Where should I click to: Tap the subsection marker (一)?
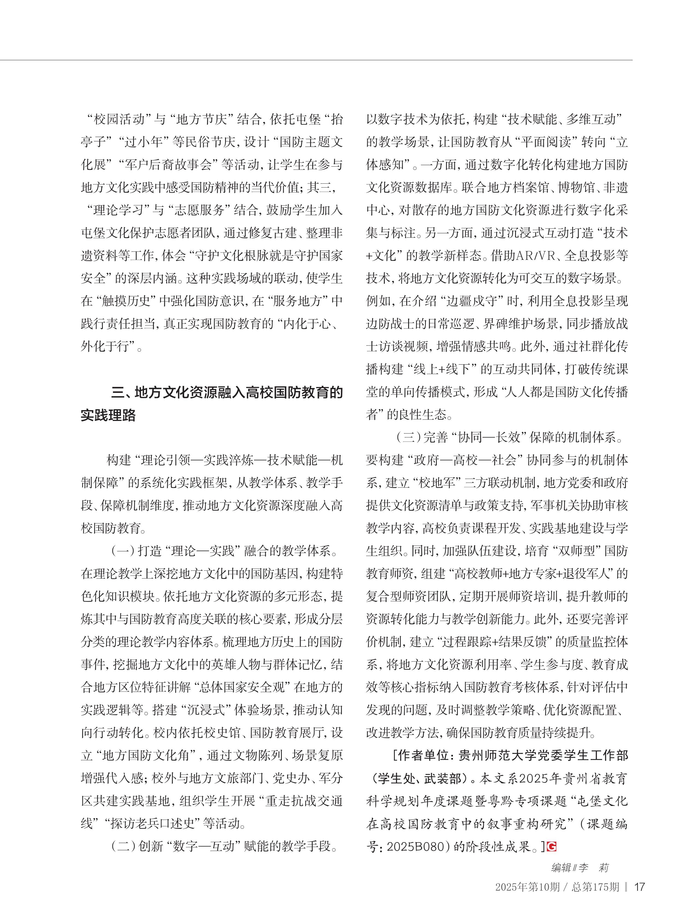click(123, 551)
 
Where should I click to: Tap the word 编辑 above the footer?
click(561, 867)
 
